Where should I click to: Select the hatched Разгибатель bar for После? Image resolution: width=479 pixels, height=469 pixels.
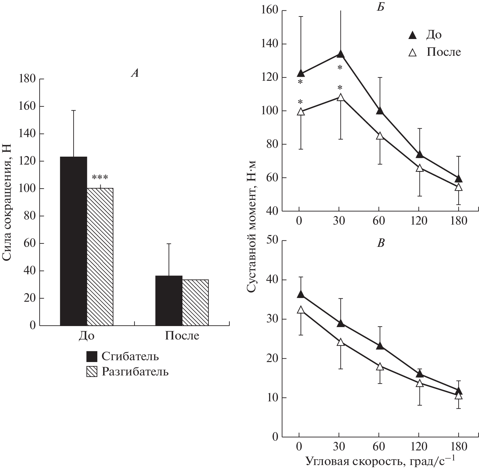click(x=195, y=302)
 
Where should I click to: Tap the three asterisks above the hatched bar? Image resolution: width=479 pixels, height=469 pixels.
click(x=100, y=177)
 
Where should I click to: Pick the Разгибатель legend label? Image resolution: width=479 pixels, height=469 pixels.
click(x=135, y=372)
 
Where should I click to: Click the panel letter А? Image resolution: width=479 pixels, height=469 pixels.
click(x=135, y=73)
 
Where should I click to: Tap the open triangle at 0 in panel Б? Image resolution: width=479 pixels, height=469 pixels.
click(x=301, y=112)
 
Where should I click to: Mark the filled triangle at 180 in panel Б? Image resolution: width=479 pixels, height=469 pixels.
click(x=459, y=179)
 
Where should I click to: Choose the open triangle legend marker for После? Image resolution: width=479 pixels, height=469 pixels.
click(x=412, y=53)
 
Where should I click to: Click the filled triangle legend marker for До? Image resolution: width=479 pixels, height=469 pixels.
click(x=412, y=35)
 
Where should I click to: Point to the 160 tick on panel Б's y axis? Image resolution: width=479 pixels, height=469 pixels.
click(x=270, y=11)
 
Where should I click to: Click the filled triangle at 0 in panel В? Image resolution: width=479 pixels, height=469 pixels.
click(x=301, y=294)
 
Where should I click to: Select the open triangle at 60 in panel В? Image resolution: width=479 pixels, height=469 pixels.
click(x=380, y=367)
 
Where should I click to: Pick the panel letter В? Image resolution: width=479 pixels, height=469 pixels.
click(x=381, y=243)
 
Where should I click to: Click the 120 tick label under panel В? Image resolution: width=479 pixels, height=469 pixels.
click(x=419, y=447)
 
